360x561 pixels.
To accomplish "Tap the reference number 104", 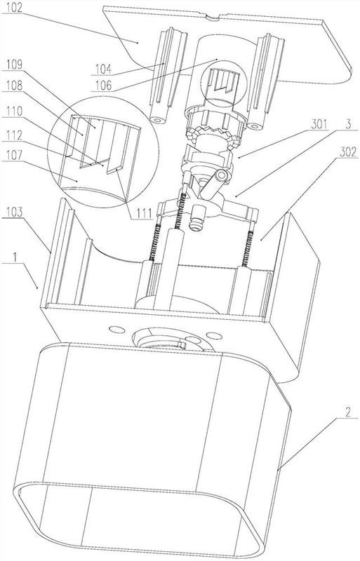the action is click(103, 69).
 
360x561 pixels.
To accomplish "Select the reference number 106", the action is click(104, 86).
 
